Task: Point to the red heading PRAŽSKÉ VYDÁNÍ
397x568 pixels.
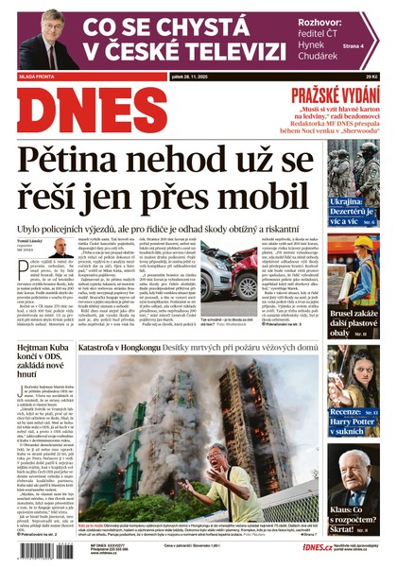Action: [x=334, y=95]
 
